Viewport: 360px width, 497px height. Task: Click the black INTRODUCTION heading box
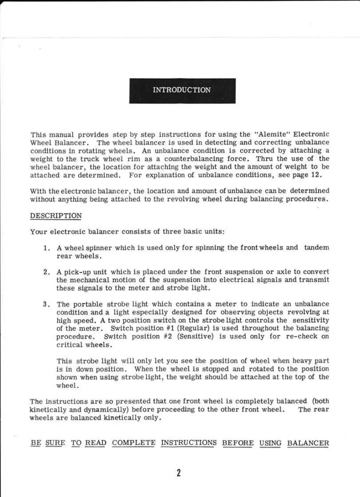[182, 90]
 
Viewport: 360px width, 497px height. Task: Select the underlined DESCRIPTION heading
[56, 215]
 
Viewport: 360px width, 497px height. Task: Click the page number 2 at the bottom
[179, 473]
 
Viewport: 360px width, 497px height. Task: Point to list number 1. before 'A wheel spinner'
[47, 248]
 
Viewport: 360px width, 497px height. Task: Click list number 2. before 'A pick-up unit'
[47, 272]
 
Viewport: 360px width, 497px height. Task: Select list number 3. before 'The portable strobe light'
[47, 304]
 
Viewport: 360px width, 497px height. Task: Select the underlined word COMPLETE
[133, 443]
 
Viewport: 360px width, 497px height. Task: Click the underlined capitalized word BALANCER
[308, 443]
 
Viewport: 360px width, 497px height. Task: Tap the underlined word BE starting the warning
[35, 443]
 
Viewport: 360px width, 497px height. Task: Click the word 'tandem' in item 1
[316, 248]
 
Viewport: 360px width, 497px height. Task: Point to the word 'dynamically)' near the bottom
[91, 410]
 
